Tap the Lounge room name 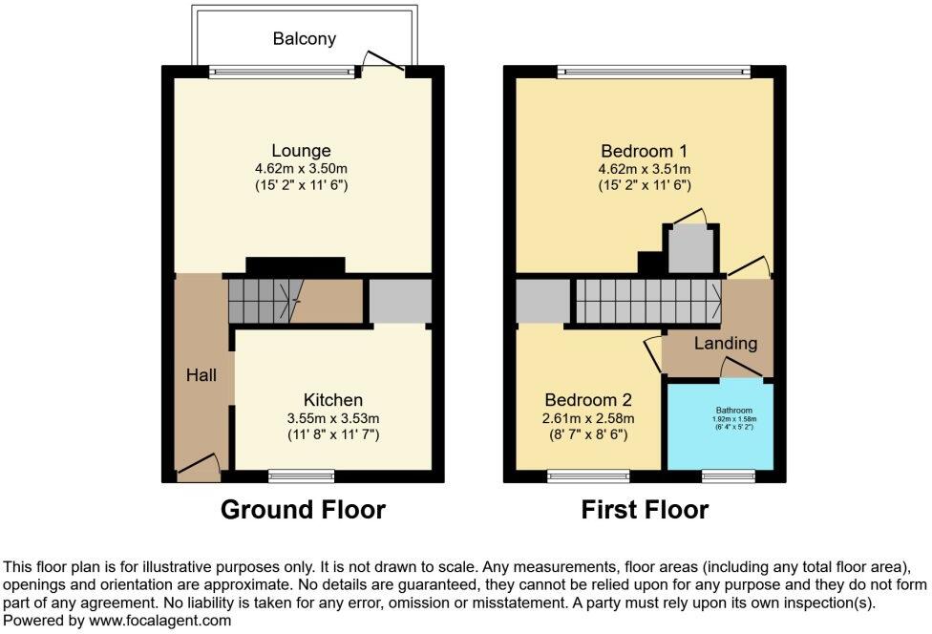tap(301, 151)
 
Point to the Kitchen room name tap(332, 400)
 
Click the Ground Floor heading tap(303, 510)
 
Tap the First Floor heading tap(645, 510)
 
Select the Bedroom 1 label tap(644, 151)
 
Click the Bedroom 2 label tap(588, 400)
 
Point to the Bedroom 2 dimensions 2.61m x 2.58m tap(588, 418)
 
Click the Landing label tap(725, 344)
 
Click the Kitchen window tap(301, 474)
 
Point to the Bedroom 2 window tap(588, 474)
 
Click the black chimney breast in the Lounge tap(295, 265)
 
